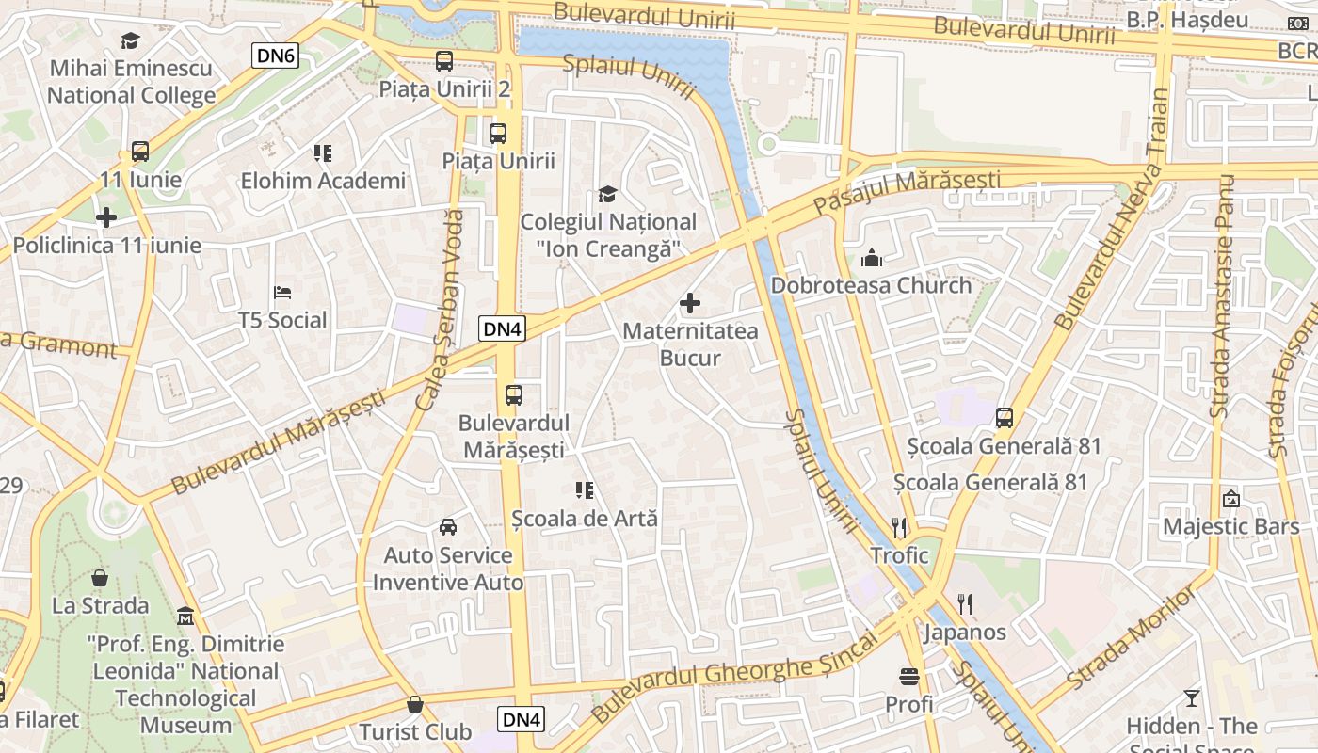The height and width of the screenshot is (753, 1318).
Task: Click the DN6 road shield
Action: (x=276, y=56)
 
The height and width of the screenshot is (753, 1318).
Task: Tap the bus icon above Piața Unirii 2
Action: (x=443, y=62)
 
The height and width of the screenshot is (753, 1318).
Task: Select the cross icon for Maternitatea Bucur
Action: (x=690, y=303)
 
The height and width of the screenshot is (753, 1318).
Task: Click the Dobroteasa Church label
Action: (x=871, y=285)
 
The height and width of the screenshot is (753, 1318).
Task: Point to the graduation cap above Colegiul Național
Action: (x=608, y=195)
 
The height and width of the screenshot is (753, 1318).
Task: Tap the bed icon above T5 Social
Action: (x=281, y=293)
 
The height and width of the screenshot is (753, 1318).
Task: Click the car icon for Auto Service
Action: (x=448, y=527)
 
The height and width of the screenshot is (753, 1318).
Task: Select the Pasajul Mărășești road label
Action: (x=907, y=191)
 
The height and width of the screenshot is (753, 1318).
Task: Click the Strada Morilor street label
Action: (x=1133, y=635)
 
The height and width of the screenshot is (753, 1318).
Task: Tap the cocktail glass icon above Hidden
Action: (x=1192, y=698)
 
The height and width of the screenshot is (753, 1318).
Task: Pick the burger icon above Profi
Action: (x=909, y=676)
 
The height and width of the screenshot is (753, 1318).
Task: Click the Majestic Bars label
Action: (x=1231, y=526)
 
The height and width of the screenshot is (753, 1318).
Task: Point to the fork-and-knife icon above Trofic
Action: (x=899, y=527)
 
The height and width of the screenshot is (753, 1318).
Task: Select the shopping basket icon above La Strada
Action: (x=100, y=577)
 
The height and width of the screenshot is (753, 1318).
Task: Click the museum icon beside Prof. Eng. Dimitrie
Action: (x=185, y=617)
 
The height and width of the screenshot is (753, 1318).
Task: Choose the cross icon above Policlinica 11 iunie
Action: (x=106, y=217)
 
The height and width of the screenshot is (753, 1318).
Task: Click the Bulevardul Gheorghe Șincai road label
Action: (x=734, y=676)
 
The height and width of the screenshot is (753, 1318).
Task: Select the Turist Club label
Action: (x=415, y=731)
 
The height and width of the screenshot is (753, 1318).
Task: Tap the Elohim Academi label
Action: (x=323, y=181)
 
